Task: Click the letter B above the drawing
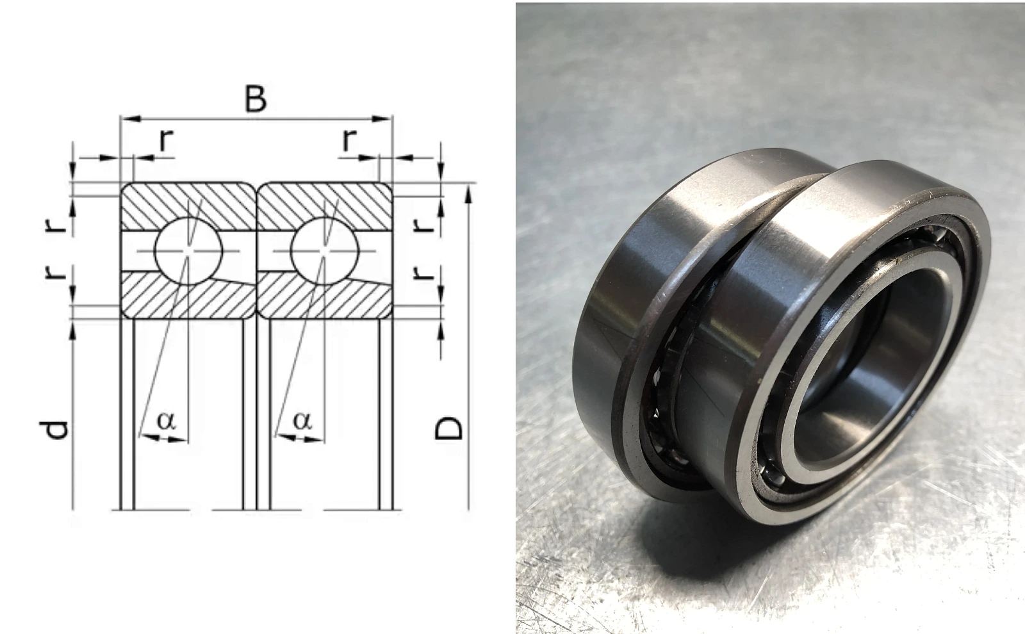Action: (x=256, y=99)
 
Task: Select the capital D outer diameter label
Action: (x=448, y=428)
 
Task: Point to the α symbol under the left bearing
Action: (x=166, y=420)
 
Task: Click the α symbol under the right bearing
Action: (x=302, y=420)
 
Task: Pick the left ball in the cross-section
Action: (x=188, y=250)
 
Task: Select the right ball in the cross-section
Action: (x=324, y=250)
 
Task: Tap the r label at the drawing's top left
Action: (x=167, y=140)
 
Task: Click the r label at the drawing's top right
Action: (x=350, y=140)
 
